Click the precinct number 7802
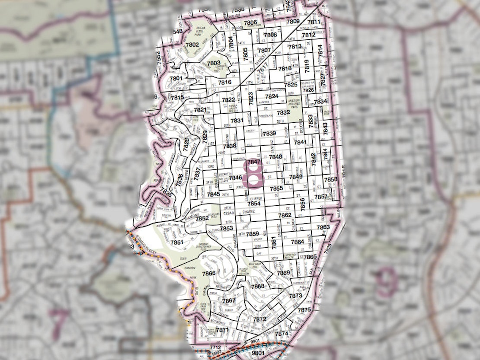click(192, 45)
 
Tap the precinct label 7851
click(176, 243)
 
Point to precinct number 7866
click(208, 274)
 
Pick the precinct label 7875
click(304, 310)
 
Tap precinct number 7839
click(269, 133)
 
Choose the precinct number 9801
click(258, 353)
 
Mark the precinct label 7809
click(293, 21)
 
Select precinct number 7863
click(323, 227)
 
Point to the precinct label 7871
click(222, 330)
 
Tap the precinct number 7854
click(254, 204)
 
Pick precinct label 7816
click(225, 82)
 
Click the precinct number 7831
click(237, 121)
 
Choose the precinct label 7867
click(229, 300)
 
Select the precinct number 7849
click(296, 177)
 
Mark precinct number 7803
click(213, 63)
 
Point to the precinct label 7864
click(298, 242)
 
